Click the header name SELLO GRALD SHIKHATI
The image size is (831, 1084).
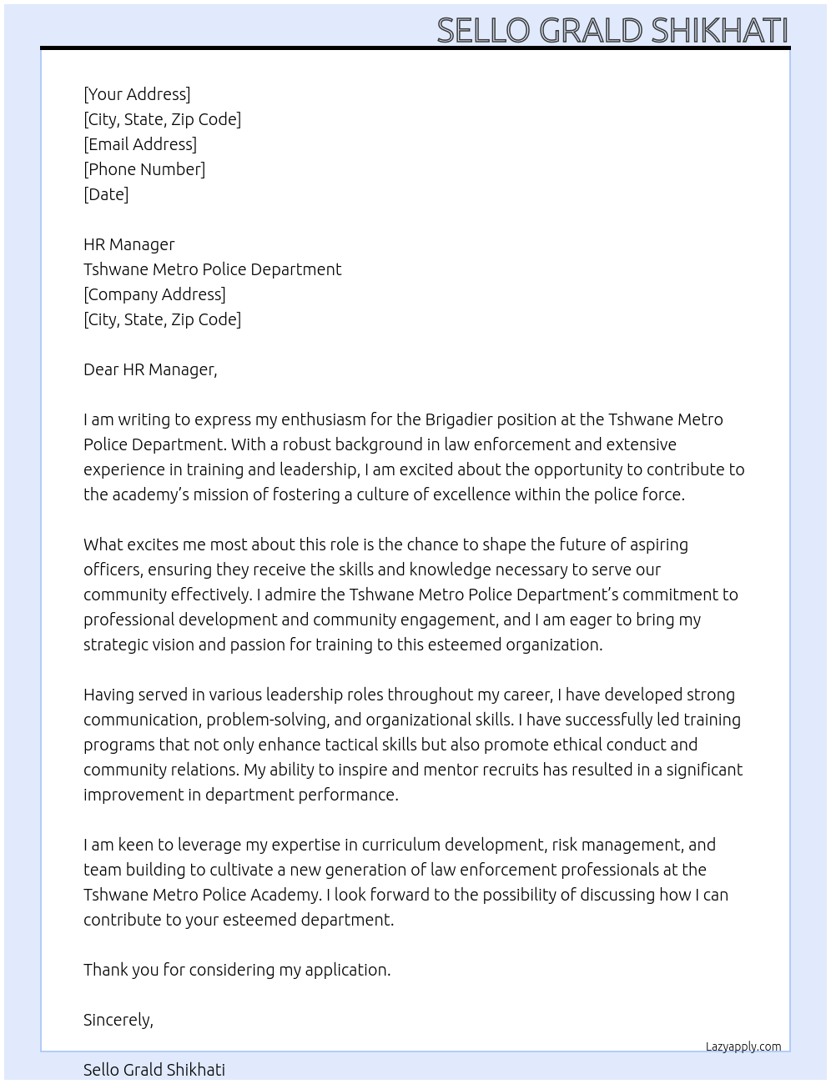coord(612,30)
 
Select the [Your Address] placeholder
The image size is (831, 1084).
coord(137,94)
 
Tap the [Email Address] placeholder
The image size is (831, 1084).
coord(140,144)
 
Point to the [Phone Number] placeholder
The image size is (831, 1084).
coord(144,169)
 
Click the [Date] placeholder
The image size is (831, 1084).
coord(106,194)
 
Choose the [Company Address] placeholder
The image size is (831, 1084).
coord(154,294)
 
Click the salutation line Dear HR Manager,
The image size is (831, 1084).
coord(150,369)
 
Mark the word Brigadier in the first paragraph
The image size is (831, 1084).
coord(462,419)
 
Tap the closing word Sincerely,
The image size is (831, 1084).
coord(118,1020)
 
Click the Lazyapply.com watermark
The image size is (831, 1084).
coord(743,1046)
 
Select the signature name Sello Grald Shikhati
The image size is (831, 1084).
coord(154,1070)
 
